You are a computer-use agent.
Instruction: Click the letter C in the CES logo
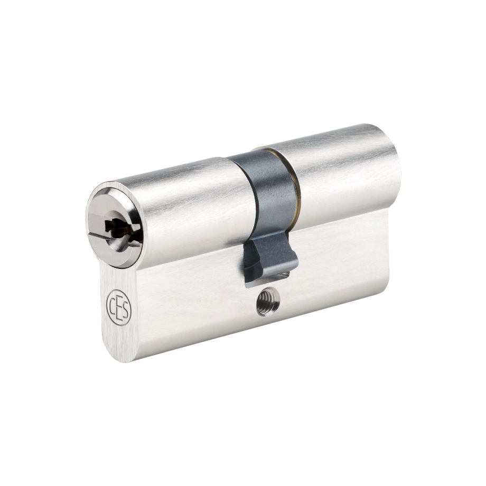click(112, 303)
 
